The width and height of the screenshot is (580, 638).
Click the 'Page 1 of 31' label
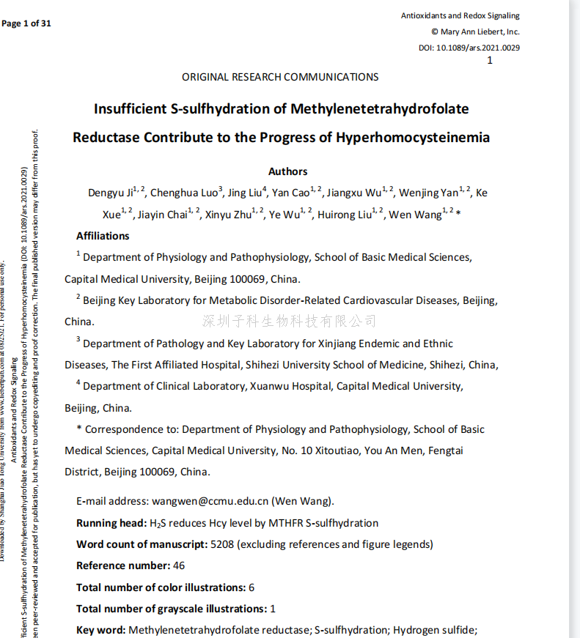(x=26, y=23)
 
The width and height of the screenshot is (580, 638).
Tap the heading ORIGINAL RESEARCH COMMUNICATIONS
(x=280, y=77)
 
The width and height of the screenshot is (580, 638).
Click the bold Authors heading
(x=287, y=171)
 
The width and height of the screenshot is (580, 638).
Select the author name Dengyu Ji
(x=111, y=193)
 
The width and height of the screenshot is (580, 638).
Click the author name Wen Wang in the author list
(x=415, y=215)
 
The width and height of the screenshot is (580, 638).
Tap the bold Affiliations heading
(x=103, y=236)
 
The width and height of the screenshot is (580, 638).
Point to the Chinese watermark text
(x=289, y=321)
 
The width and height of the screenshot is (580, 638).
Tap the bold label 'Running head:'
(x=111, y=523)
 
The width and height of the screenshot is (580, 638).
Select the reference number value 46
(x=179, y=565)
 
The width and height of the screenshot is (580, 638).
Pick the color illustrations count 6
(x=252, y=587)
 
